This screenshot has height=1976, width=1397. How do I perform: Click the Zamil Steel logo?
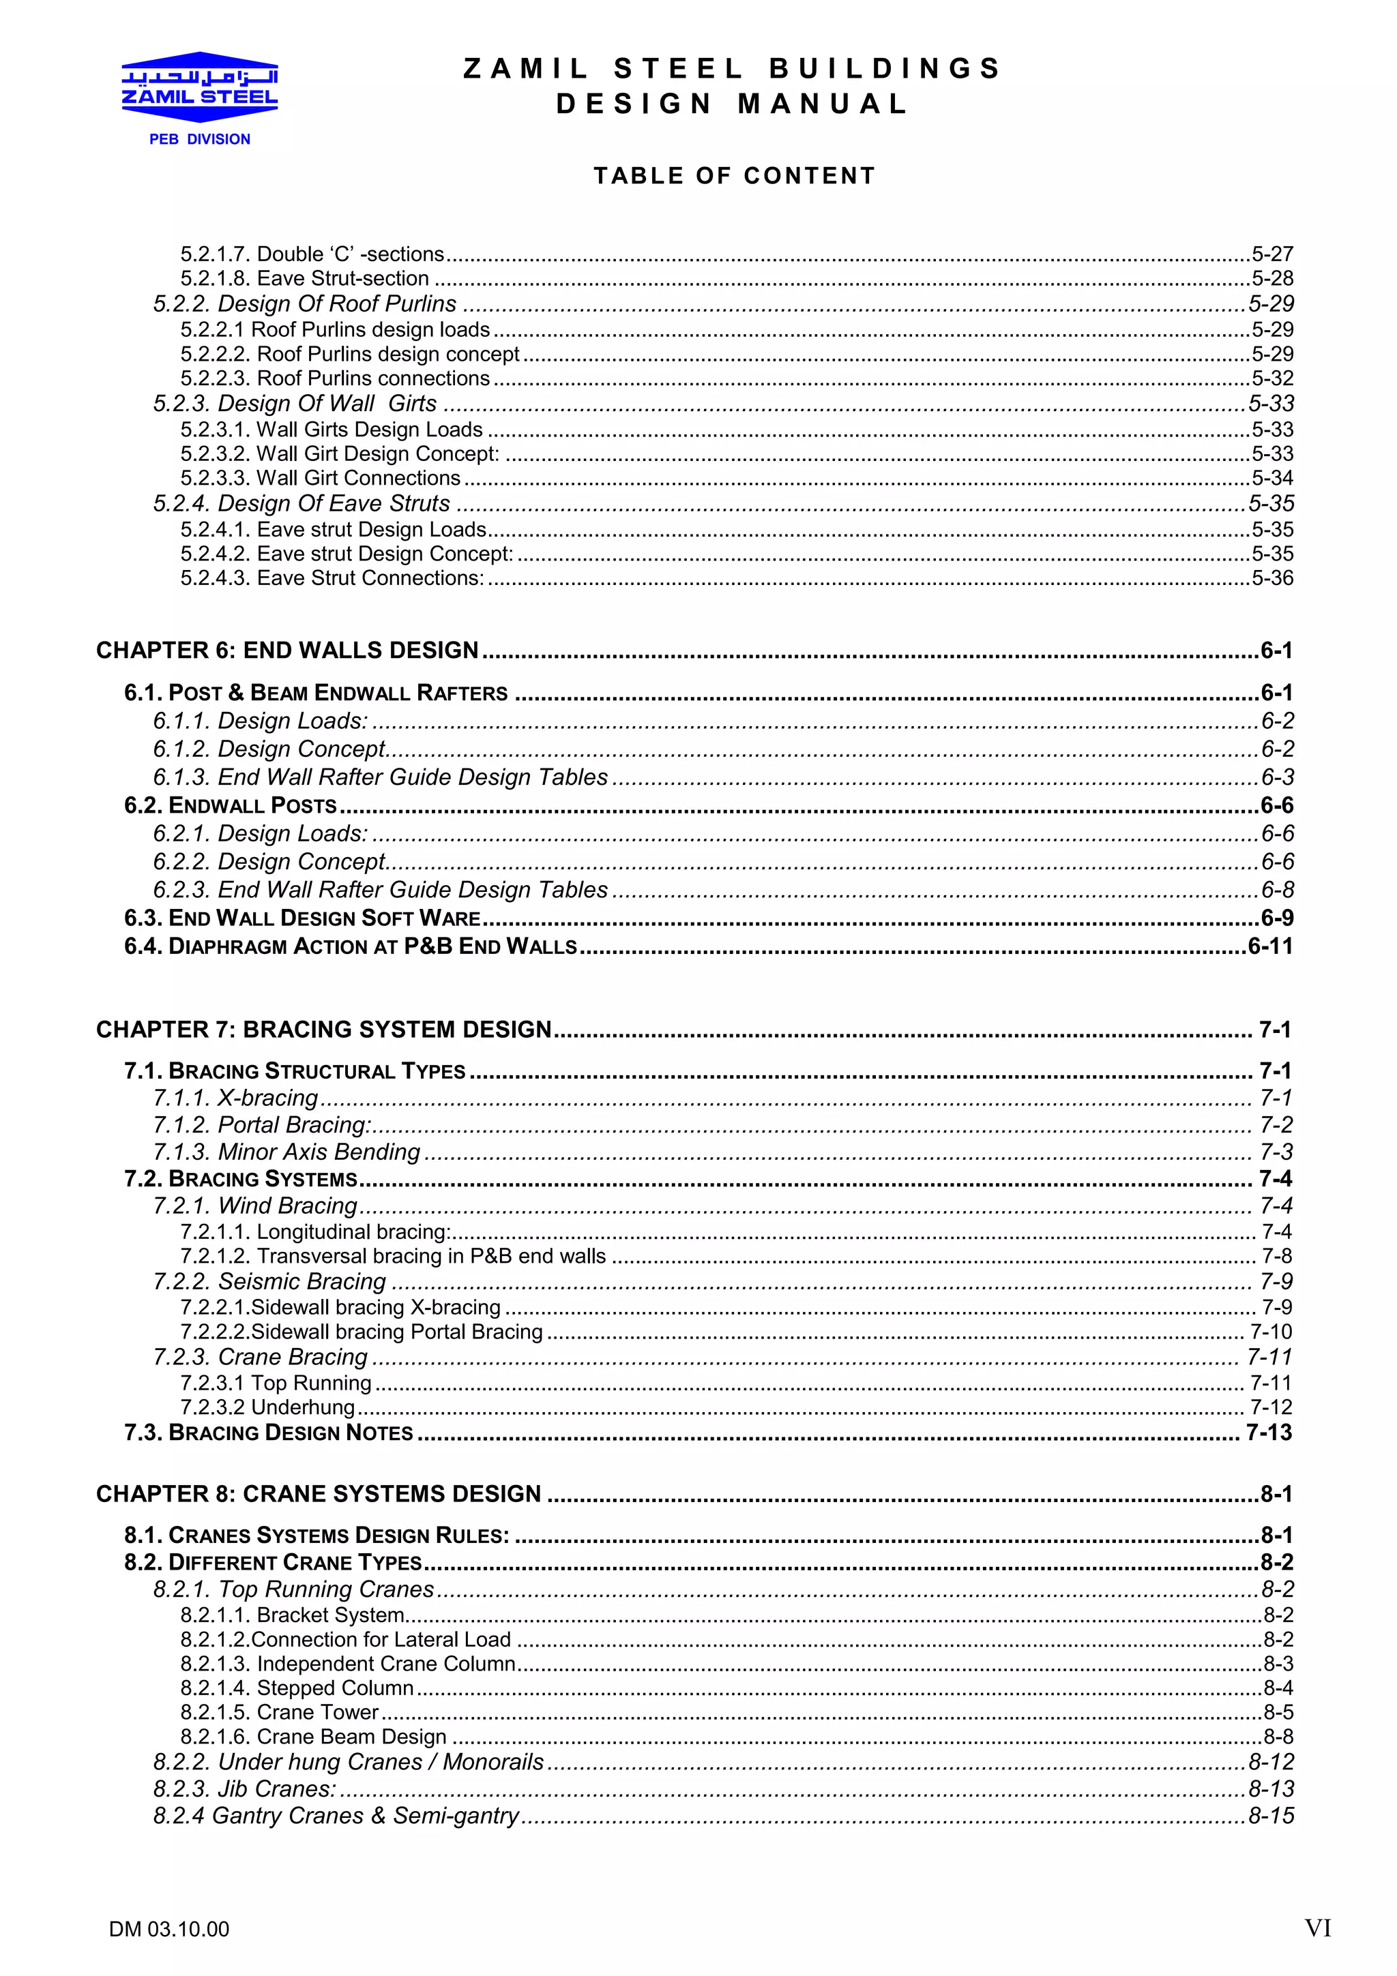(x=200, y=87)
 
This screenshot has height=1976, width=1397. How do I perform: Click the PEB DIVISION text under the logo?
(x=200, y=139)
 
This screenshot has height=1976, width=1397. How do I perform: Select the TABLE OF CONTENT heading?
(x=734, y=177)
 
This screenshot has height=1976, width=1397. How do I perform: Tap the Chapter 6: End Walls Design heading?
(x=286, y=650)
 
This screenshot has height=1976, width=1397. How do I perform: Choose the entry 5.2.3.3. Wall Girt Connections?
(x=320, y=479)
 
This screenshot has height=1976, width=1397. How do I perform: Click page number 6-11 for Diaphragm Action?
(x=1271, y=946)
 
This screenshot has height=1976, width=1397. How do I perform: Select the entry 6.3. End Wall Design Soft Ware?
(x=302, y=918)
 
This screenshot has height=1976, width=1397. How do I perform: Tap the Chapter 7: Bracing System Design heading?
(x=323, y=1030)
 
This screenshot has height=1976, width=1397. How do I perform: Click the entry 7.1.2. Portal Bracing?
(x=263, y=1126)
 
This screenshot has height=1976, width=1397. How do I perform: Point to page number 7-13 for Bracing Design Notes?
(x=1269, y=1433)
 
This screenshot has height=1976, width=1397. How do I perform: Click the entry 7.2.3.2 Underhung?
(x=267, y=1408)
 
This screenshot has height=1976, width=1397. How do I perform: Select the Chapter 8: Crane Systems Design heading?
(x=319, y=1494)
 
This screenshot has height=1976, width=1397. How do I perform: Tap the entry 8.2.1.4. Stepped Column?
(x=297, y=1688)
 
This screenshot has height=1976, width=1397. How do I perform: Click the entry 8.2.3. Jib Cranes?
(x=244, y=1789)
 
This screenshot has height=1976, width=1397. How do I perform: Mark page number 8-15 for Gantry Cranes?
(x=1271, y=1816)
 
